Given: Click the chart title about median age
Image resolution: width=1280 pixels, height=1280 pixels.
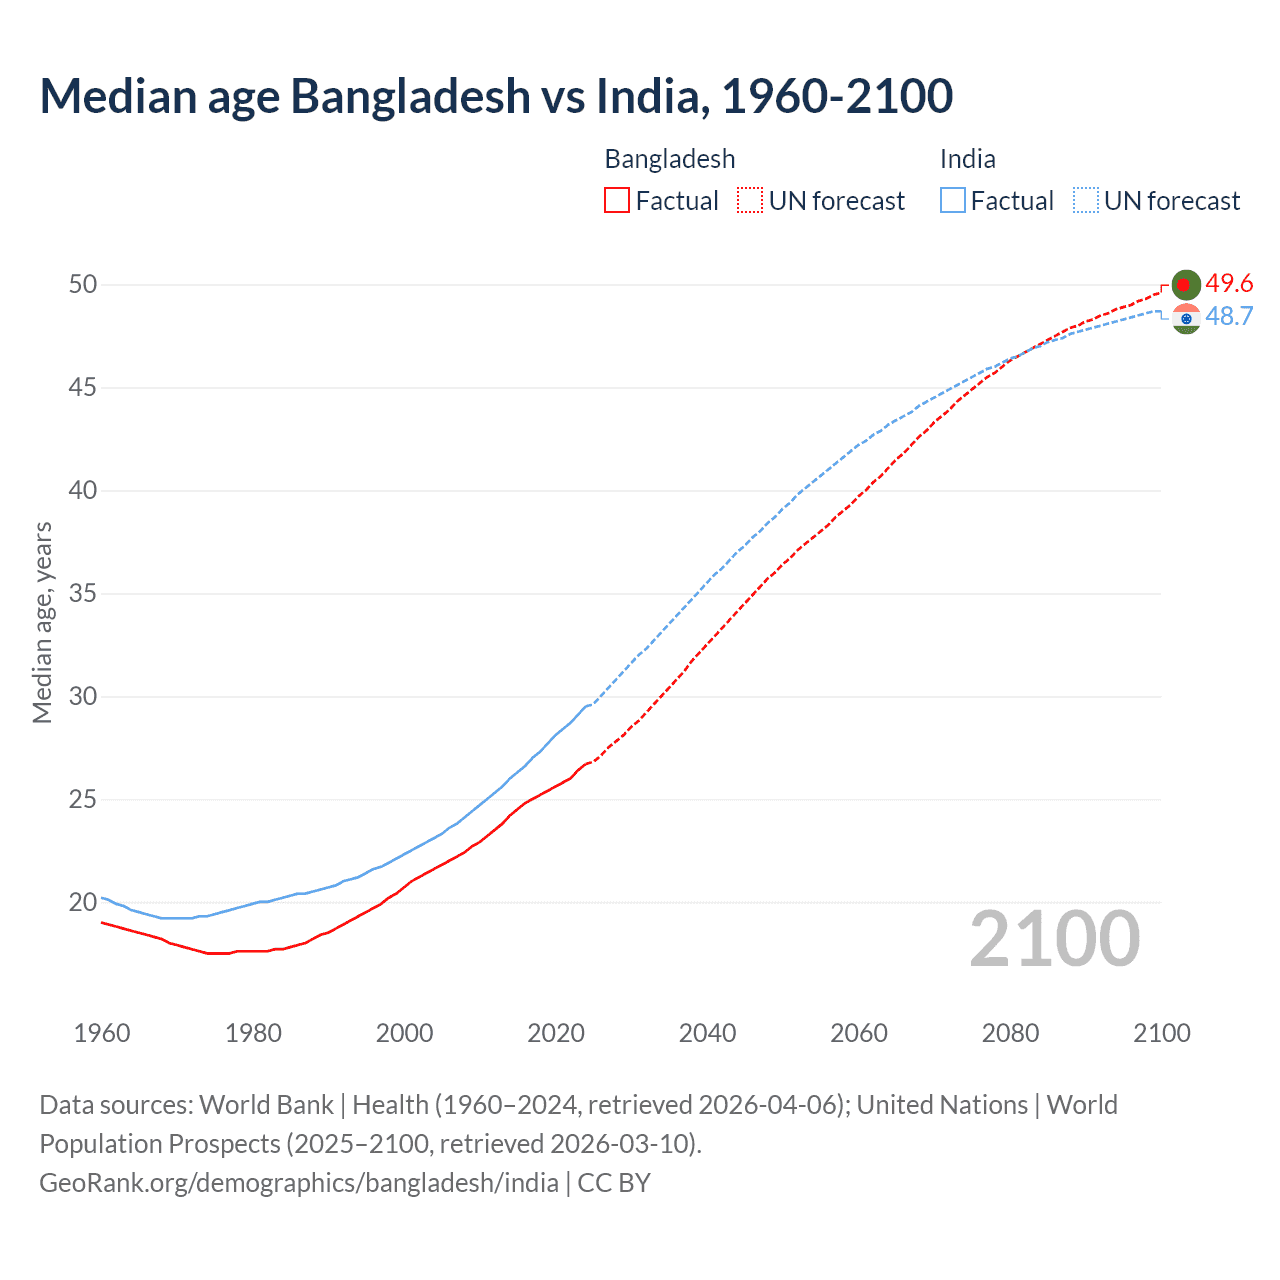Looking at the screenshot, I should pyautogui.click(x=496, y=96).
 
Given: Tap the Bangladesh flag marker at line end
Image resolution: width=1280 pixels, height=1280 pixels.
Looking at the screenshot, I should pyautogui.click(x=1185, y=285).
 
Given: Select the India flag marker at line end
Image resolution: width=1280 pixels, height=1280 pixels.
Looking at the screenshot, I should pyautogui.click(x=1186, y=319).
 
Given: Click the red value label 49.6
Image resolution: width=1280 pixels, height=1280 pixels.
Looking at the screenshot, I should pyautogui.click(x=1229, y=284).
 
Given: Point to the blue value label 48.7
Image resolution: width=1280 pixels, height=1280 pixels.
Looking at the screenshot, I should pyautogui.click(x=1229, y=317).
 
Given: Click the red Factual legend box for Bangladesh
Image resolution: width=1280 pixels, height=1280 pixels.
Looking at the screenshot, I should pyautogui.click(x=617, y=201).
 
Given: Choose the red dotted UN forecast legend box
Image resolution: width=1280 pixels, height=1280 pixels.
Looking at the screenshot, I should pyautogui.click(x=750, y=201).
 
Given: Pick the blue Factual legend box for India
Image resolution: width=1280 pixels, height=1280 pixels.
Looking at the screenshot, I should pyautogui.click(x=953, y=201).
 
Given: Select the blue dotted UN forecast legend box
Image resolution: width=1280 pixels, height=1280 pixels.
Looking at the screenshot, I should pyautogui.click(x=1086, y=201).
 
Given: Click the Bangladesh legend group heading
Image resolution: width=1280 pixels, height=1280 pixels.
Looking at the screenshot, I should pyautogui.click(x=670, y=159).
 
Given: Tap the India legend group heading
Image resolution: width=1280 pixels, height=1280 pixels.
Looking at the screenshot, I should pyautogui.click(x=967, y=159).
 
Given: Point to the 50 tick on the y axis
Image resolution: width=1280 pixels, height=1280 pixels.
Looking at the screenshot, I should pyautogui.click(x=83, y=285).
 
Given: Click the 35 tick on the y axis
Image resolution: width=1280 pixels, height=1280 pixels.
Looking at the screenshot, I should pyautogui.click(x=83, y=594).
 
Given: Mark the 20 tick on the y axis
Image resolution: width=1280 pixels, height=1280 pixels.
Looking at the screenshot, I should pyautogui.click(x=83, y=902).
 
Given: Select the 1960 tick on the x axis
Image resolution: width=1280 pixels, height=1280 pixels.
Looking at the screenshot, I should pyautogui.click(x=102, y=1033).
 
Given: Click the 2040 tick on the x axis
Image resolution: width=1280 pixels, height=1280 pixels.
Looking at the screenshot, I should pyautogui.click(x=707, y=1033).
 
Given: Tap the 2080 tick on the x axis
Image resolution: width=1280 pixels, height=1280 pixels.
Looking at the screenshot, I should pyautogui.click(x=1010, y=1033).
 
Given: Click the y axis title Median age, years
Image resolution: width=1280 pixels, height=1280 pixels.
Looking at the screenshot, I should pyautogui.click(x=42, y=622).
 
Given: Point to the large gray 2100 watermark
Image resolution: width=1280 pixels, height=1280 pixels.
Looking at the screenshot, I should pyautogui.click(x=1054, y=939).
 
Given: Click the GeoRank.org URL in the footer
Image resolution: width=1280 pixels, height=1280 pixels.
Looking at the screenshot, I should pyautogui.click(x=299, y=1183).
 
